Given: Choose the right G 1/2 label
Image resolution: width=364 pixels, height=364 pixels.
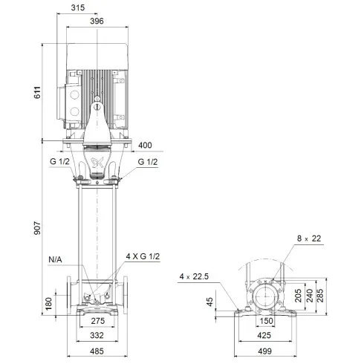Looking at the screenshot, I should click(x=148, y=162).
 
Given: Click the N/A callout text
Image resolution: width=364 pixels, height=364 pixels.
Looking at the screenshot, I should click(x=56, y=259).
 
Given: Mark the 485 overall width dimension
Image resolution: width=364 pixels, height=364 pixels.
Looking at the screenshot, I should click(x=96, y=352).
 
